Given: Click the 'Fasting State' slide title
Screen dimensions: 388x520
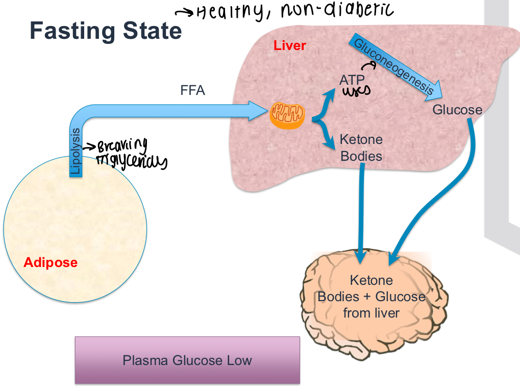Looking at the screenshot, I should coord(106,32).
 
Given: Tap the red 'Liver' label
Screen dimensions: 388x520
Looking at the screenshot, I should coord(289,45).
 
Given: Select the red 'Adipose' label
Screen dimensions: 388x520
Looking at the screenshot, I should coord(51,263).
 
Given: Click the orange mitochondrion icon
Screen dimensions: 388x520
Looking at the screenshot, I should coord(288,114).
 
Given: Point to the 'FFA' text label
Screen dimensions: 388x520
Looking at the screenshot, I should coord(192,91).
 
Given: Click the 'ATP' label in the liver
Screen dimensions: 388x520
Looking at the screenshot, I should coord(352,80).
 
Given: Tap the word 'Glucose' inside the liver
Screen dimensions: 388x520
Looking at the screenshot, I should coord(457,110).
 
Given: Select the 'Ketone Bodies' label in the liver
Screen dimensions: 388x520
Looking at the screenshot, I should coord(361,148).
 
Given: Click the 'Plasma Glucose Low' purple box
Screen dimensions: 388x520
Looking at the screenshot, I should coord(187,360).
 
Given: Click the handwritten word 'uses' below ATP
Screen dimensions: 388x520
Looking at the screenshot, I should coord(356,91).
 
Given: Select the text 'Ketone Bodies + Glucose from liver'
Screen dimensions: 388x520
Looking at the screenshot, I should coord(371,297).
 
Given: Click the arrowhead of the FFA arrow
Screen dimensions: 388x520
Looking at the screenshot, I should coord(258,111).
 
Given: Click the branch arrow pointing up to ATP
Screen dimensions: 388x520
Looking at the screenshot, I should coord(325,102).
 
